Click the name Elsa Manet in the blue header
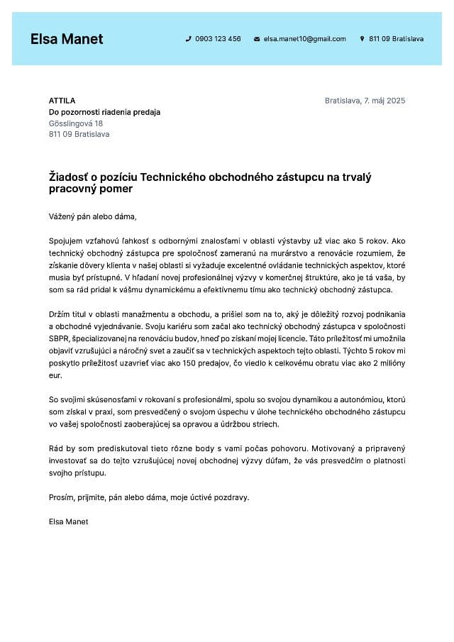tap(67, 39)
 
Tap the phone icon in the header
tap(189, 39)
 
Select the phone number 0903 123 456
tap(218, 39)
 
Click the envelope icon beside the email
tap(257, 39)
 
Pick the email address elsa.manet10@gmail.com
tap(305, 39)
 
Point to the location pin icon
tap(362, 39)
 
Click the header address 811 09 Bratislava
tap(396, 39)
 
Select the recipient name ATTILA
tap(62, 101)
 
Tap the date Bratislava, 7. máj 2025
tap(365, 101)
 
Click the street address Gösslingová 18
tap(76, 123)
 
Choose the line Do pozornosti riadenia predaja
tap(104, 112)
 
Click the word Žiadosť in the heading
tap(68, 177)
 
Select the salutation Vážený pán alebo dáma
tap(92, 216)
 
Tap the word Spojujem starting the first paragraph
tap(66, 240)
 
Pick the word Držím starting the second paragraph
tap(60, 314)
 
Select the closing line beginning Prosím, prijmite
tap(149, 497)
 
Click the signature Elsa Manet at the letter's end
tap(69, 521)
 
